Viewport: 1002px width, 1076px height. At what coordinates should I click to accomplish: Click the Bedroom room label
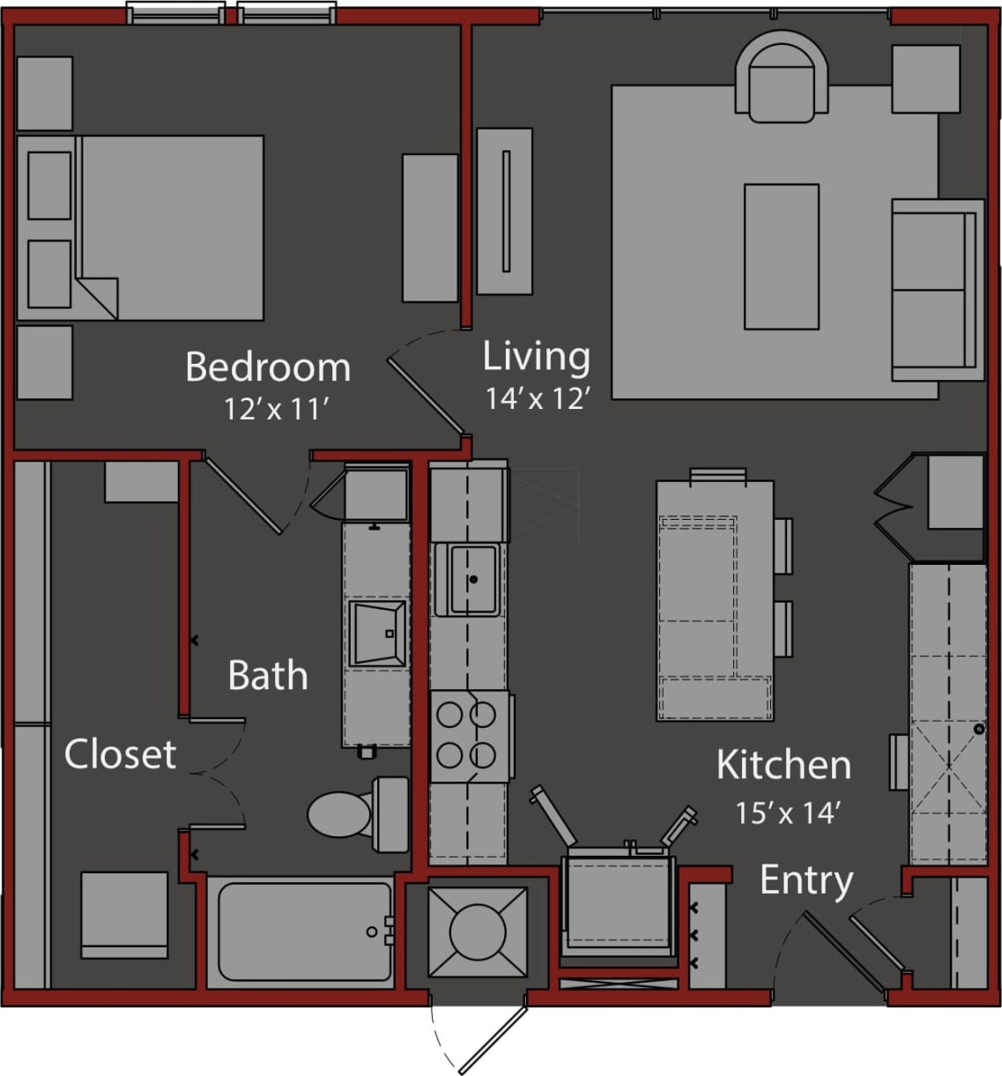(x=268, y=367)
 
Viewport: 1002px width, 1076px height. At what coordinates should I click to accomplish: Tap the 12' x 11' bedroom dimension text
(x=276, y=410)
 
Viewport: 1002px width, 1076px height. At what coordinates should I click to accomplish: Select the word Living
(x=536, y=357)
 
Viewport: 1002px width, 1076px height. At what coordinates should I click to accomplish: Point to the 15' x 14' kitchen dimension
(x=785, y=813)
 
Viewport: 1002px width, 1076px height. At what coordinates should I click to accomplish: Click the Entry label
(x=806, y=880)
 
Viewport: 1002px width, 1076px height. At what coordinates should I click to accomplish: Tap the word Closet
(x=120, y=754)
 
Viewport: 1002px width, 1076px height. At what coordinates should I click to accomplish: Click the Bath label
(x=268, y=676)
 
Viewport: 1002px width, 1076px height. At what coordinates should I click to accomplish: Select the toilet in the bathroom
(x=357, y=813)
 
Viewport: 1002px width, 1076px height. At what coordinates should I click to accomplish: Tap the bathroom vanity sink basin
(x=377, y=633)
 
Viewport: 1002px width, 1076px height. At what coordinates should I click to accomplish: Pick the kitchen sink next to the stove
(x=472, y=579)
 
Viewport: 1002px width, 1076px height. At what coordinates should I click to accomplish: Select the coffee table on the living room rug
(x=781, y=256)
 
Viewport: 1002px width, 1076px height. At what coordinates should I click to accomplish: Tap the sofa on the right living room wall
(x=936, y=290)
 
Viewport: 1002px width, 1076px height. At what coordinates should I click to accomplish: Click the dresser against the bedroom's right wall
(x=430, y=227)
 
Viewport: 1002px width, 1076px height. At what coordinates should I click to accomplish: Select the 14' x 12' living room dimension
(x=537, y=399)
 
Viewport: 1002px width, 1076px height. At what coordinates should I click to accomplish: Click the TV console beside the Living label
(x=504, y=211)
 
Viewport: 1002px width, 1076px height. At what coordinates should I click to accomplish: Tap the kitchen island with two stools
(x=715, y=600)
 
